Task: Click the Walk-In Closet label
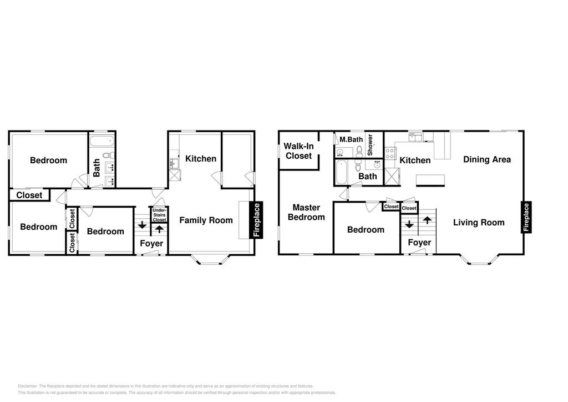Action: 298,151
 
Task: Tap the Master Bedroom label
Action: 306,212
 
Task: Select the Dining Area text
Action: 487,159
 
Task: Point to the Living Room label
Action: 479,223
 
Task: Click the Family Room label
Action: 206,220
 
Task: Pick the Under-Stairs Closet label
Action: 159,215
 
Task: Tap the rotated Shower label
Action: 370,145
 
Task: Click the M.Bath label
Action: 351,139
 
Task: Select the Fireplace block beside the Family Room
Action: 256,220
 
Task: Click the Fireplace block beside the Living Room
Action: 526,217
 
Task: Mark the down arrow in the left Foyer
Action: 142,225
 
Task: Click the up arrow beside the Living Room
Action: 427,220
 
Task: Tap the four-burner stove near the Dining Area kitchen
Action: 390,153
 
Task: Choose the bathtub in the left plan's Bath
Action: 102,141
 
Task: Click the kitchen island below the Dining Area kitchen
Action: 430,180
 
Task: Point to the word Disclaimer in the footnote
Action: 28,386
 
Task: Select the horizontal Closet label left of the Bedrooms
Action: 29,195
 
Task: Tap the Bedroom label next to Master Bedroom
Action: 366,229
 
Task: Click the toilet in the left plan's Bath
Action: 108,155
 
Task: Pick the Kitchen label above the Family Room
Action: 201,158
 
